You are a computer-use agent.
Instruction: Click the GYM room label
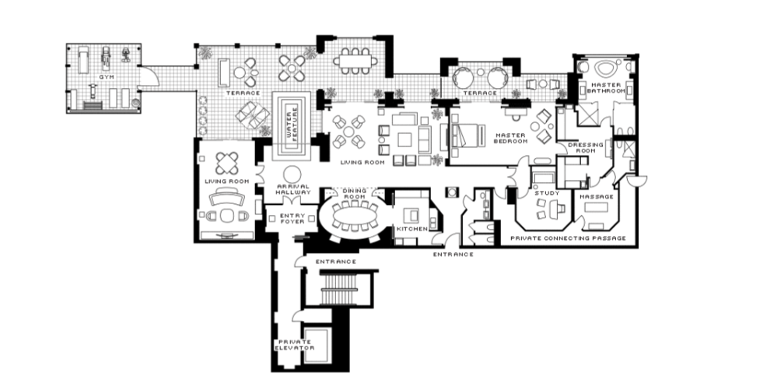coord(107,77)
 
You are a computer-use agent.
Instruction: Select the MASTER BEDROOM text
coord(510,138)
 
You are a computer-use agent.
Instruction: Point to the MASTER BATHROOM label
coord(605,88)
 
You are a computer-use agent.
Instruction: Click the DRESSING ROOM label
coord(586,148)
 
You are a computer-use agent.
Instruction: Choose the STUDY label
coord(547,193)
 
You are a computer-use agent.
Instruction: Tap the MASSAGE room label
coord(597,196)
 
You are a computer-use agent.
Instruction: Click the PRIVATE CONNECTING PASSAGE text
coord(568,238)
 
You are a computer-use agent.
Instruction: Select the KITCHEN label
coord(412,229)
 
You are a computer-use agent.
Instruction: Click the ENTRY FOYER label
coord(292,218)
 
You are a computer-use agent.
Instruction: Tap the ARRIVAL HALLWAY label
coord(292,189)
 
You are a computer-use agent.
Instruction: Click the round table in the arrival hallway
coord(292,174)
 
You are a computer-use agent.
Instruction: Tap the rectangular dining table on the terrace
coord(355,62)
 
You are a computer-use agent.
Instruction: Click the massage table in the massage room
coord(596,207)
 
